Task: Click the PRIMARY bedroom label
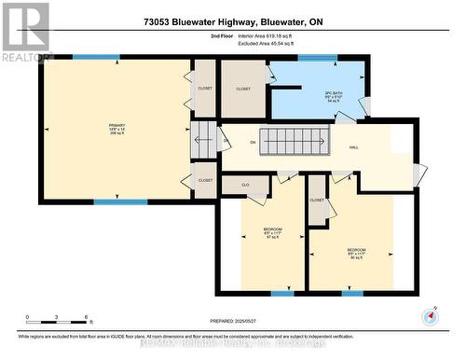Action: click(x=116, y=128)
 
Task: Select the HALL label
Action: click(x=354, y=146)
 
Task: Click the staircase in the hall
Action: click(x=293, y=142)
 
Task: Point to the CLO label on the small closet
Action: click(x=245, y=185)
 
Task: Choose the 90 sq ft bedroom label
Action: click(x=356, y=253)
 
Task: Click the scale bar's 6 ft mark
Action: click(x=87, y=318)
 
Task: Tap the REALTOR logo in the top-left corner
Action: click(x=25, y=31)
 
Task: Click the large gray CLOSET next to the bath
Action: click(x=243, y=90)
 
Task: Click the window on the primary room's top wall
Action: click(x=96, y=57)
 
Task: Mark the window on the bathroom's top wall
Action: click(x=318, y=58)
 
